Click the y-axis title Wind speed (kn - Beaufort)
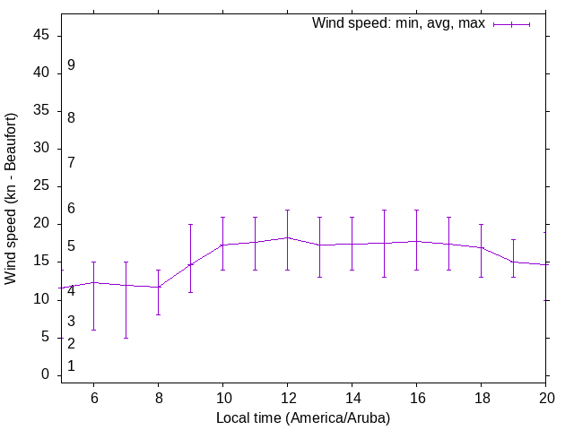pyautogui.click(x=11, y=199)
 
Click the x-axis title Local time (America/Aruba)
pyautogui.click(x=303, y=418)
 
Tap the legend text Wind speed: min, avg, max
pyautogui.click(x=397, y=23)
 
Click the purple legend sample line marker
pyautogui.click(x=511, y=24)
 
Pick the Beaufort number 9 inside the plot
pyautogui.click(x=71, y=65)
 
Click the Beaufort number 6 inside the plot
pyautogui.click(x=71, y=209)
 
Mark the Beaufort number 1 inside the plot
pyautogui.click(x=71, y=366)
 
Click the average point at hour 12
pyautogui.click(x=287, y=237)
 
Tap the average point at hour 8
pyautogui.click(x=158, y=287)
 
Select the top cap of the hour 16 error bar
pyautogui.click(x=416, y=210)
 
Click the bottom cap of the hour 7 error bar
pyautogui.click(x=126, y=338)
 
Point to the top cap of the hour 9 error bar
pyautogui.click(x=190, y=224)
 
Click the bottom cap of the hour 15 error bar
pyautogui.click(x=384, y=277)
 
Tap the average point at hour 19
pyautogui.click(x=513, y=262)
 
